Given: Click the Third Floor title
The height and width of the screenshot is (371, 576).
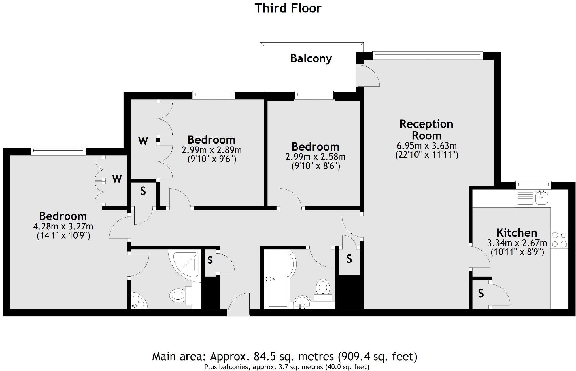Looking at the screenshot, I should (288, 8).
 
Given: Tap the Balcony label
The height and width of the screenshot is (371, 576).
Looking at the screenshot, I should (311, 58).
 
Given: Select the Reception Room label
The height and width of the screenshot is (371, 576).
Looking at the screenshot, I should (426, 130).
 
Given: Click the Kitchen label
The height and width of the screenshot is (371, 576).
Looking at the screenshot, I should (517, 232).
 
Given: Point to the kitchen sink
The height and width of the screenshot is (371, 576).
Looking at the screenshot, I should (542, 198).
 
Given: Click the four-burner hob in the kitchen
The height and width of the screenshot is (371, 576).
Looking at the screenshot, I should (559, 240).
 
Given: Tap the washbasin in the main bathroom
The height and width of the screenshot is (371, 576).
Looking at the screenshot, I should (302, 303).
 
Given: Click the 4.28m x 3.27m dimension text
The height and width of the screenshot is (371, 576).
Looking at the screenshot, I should (63, 227).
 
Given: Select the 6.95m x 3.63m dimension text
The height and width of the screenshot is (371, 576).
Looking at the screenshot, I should (426, 146).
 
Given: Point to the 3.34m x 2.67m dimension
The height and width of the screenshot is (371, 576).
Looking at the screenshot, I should (517, 243).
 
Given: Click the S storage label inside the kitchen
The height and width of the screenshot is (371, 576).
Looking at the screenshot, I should (481, 293).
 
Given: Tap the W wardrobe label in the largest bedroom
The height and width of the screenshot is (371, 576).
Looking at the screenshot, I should (117, 179).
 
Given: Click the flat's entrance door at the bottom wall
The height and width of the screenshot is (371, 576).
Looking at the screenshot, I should (239, 305).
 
